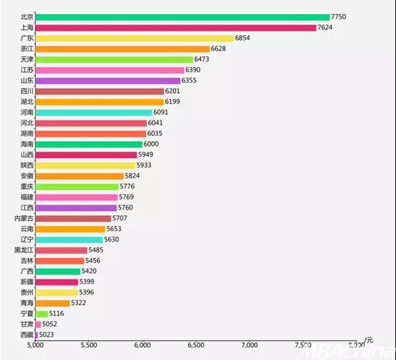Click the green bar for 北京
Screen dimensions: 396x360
coord(182,17)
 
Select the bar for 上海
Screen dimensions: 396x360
coord(175,28)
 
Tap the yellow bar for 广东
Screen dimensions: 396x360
coord(135,38)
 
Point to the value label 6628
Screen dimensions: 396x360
coord(218,48)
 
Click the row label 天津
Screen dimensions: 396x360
coord(27,59)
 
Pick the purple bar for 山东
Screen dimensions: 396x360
coord(108,81)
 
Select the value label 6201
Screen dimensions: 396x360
coord(172,91)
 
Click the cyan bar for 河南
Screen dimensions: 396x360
coord(94,113)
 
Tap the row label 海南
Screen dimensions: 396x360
coord(27,144)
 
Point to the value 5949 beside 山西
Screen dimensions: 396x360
coord(145,155)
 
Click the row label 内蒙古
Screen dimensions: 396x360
coord(24,218)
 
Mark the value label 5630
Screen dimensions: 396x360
coord(111,240)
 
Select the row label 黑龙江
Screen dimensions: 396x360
coord(24,250)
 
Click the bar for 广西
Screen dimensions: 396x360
coord(58,272)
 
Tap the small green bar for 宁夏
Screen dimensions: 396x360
coord(41,314)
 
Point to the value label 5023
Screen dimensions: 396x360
coord(46,335)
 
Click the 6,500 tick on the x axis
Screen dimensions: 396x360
coord(196,345)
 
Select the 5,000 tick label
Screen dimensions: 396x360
coord(36,345)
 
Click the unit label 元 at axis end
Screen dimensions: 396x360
coord(369,341)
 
